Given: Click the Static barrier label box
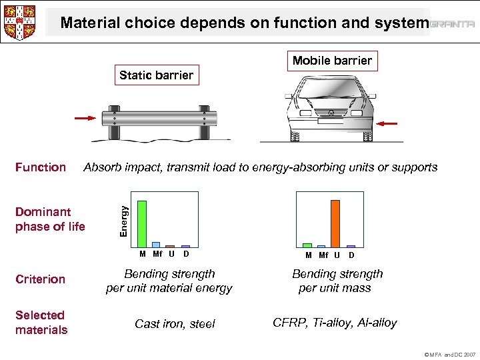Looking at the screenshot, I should [x=156, y=75].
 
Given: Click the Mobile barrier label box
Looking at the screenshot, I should [x=332, y=61].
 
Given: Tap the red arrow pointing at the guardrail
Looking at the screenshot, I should [x=85, y=119].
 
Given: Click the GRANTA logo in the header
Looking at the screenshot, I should [x=452, y=24].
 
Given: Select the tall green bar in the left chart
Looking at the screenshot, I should [x=142, y=223].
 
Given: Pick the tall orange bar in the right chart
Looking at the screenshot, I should [x=335, y=223].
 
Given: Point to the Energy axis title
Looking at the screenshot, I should [x=123, y=219].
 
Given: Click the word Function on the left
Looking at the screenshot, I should [x=41, y=167].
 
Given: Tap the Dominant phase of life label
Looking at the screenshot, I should [x=50, y=219].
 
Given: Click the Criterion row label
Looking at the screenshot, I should [x=40, y=279].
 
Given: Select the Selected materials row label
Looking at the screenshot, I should [x=41, y=323].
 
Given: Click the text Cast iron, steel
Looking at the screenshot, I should [x=175, y=324].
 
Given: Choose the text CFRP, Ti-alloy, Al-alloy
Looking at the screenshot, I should [x=335, y=323].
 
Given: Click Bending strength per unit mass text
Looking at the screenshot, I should [x=337, y=281].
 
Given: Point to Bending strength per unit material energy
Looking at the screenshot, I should [x=169, y=281].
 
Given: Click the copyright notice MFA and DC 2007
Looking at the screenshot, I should [x=450, y=354].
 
